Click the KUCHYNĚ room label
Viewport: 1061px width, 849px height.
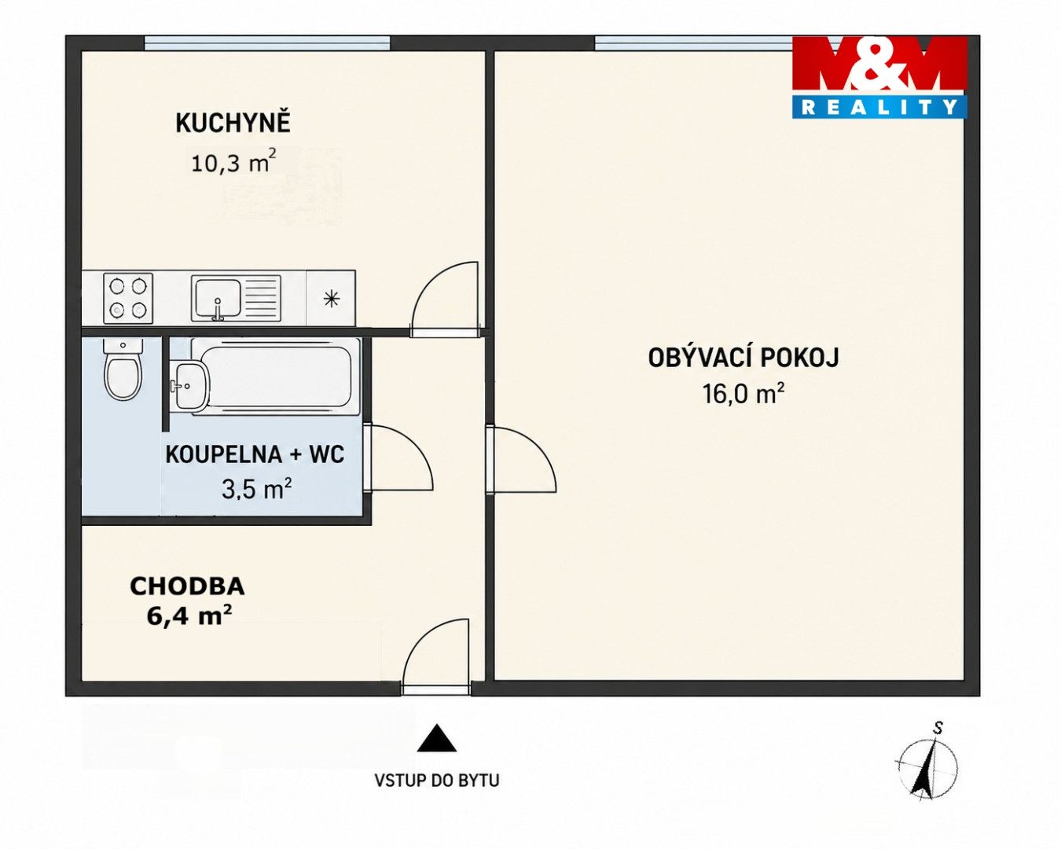click(233, 123)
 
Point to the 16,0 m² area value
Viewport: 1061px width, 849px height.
click(743, 395)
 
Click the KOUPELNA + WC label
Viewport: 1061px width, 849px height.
click(255, 454)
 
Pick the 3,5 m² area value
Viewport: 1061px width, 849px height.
click(256, 489)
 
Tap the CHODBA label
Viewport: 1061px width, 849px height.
click(187, 586)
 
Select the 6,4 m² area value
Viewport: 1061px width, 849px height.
click(189, 616)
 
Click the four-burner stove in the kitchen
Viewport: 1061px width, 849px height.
click(128, 299)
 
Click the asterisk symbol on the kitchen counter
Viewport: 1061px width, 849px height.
click(332, 299)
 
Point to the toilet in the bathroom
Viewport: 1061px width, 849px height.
click(123, 368)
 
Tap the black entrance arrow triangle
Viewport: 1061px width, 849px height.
click(436, 738)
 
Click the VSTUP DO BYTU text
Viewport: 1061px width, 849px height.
click(437, 781)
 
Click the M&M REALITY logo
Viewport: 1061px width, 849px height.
click(879, 78)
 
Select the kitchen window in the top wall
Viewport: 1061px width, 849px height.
click(267, 43)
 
